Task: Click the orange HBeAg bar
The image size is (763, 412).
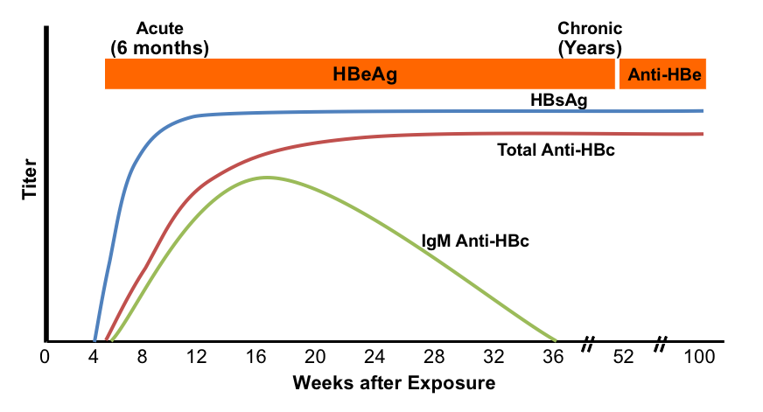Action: tap(360, 73)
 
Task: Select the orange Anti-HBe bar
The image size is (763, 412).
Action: tap(662, 73)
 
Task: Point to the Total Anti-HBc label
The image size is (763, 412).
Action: tap(556, 150)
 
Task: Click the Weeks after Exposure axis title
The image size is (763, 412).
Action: tap(381, 383)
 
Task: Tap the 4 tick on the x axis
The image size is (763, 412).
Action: tap(94, 358)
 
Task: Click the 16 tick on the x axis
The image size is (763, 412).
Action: tap(256, 358)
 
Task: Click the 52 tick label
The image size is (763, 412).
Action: tap(624, 358)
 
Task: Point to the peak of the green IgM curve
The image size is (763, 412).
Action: tap(266, 178)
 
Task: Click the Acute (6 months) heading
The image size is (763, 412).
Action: tap(159, 38)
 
